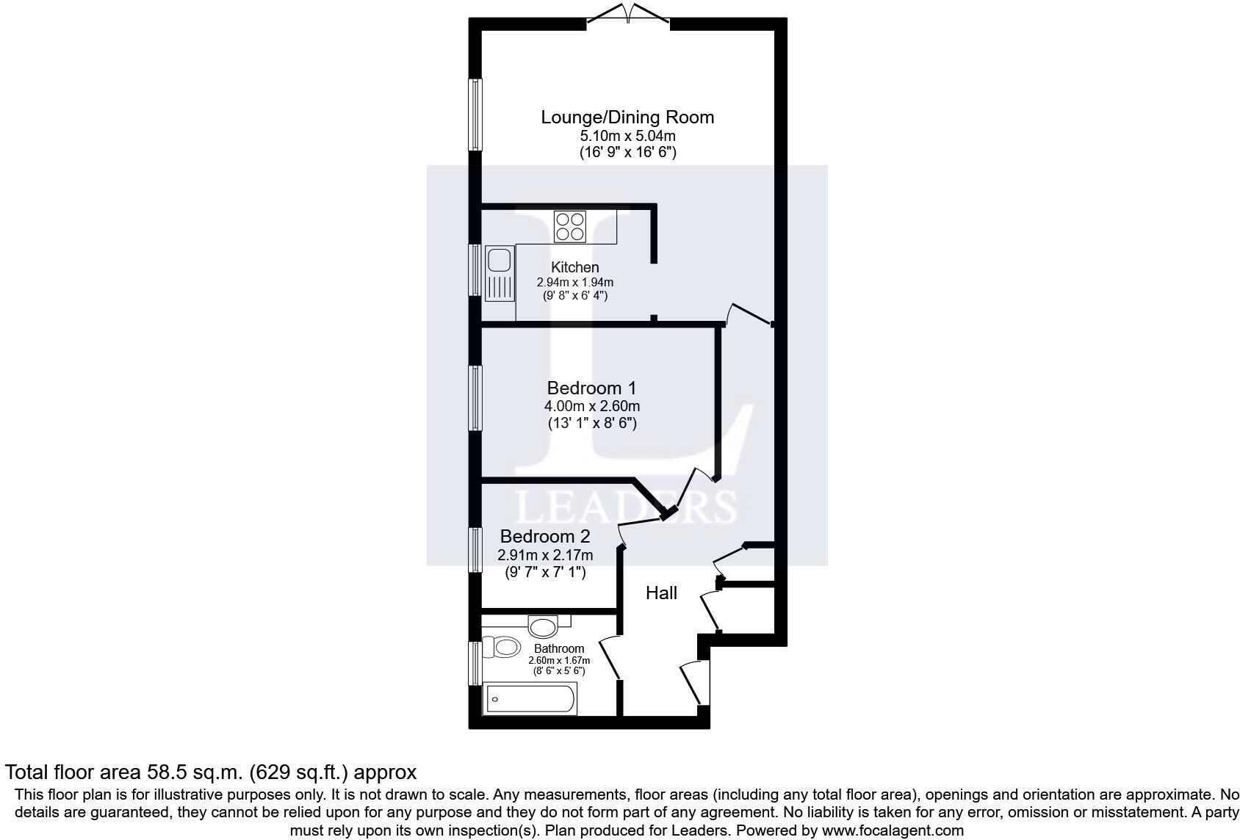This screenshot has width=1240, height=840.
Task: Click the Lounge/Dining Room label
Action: [627, 117]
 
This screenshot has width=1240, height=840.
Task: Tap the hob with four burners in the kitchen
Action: [570, 226]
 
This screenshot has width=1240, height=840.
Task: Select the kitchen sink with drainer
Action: [500, 275]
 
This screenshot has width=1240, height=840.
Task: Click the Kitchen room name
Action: [575, 267]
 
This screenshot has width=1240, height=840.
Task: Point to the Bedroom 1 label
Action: [591, 388]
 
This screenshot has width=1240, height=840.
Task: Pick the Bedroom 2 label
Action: [545, 537]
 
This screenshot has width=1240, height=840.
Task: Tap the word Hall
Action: [661, 593]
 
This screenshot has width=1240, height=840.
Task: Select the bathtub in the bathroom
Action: [530, 699]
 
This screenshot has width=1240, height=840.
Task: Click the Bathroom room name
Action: [559, 648]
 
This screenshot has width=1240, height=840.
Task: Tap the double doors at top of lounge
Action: [628, 15]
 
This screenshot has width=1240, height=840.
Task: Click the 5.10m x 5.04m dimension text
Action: [627, 136]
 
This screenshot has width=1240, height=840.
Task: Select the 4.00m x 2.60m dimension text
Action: [591, 406]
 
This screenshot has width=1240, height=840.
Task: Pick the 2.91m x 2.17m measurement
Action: [545, 555]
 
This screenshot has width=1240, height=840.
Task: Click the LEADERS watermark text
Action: [627, 507]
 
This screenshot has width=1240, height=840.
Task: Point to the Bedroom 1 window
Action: [475, 398]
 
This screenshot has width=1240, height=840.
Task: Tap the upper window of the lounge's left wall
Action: [475, 115]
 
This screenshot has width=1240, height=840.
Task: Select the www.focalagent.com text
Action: [893, 830]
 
